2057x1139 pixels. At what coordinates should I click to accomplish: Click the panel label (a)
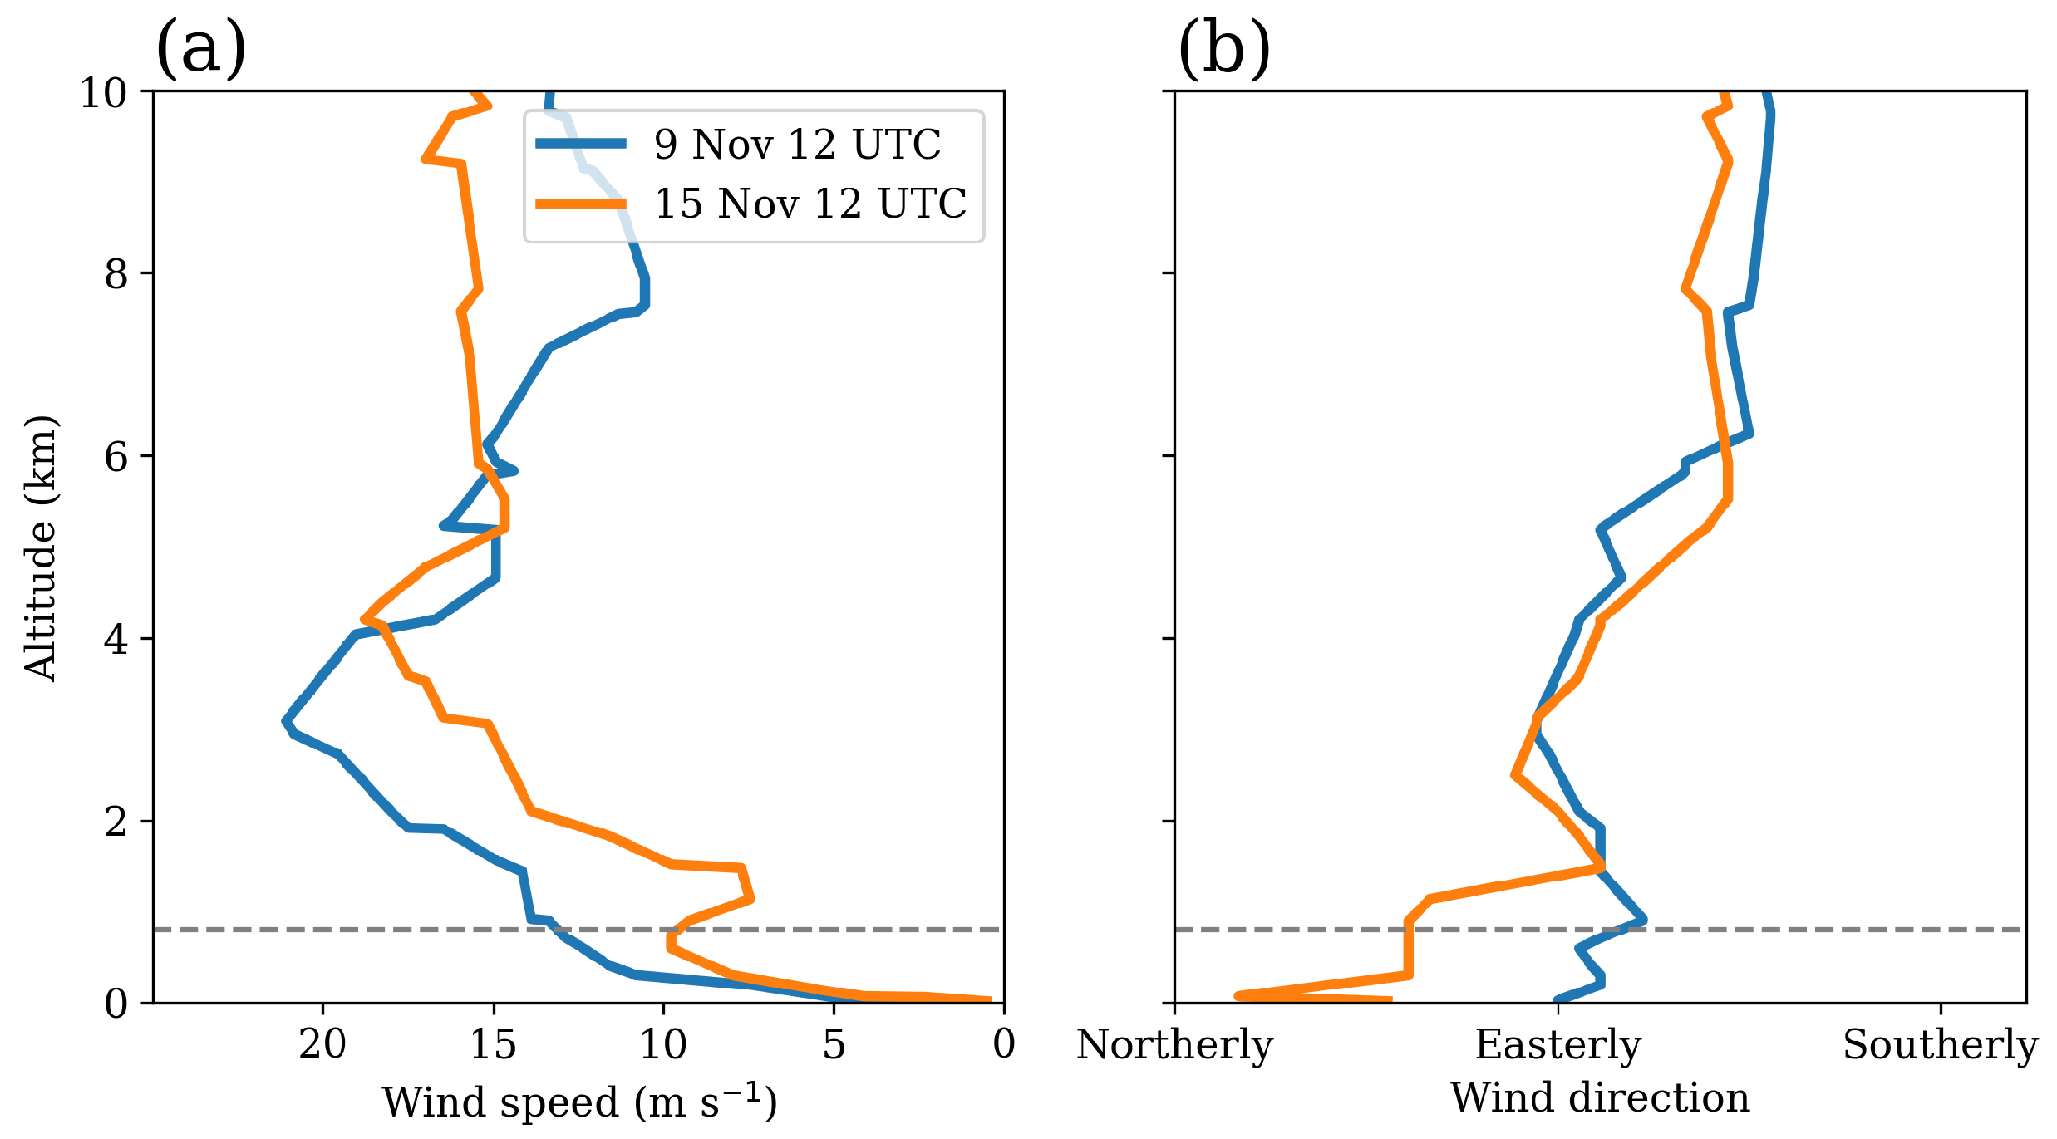(201, 48)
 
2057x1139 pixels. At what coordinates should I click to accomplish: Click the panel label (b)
(1223, 48)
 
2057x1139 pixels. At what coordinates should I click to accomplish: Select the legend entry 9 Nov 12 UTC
(797, 145)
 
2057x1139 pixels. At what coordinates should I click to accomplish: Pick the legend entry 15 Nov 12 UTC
(810, 204)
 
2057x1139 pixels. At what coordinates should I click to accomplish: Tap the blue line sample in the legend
(581, 144)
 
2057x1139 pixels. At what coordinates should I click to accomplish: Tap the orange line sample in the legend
(581, 204)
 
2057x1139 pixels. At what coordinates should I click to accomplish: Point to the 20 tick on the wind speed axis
(323, 1044)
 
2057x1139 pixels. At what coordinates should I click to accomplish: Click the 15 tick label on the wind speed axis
(494, 1044)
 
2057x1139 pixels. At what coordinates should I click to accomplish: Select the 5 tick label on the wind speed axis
(834, 1044)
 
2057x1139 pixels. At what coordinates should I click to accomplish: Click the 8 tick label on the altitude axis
(116, 273)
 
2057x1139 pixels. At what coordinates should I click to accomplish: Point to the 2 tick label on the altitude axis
(116, 822)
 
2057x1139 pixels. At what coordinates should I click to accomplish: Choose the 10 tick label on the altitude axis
(104, 93)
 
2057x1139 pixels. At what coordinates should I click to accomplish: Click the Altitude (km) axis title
(40, 548)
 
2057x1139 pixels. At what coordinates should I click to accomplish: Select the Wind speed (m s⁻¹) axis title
(579, 1102)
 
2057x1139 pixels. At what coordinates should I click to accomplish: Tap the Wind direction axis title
(1600, 1097)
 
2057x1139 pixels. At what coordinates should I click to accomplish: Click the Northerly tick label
(1174, 1044)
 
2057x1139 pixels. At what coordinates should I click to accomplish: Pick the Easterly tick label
(1558, 1044)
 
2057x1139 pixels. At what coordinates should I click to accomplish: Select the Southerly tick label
(1940, 1044)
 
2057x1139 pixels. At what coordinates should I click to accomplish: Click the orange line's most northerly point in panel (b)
(1238, 994)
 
